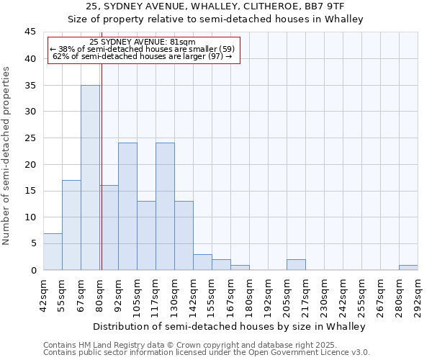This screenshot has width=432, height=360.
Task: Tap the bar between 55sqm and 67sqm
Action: [x=71, y=225]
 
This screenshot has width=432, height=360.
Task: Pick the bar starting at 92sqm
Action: [x=127, y=206]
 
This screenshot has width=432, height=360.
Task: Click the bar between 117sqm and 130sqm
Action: [x=165, y=206]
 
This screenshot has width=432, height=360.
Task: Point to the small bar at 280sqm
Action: [x=408, y=267]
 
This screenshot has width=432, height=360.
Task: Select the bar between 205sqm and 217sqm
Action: [x=296, y=264]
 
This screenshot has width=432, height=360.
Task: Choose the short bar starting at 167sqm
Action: [x=240, y=267]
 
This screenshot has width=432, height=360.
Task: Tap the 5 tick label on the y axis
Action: [x=33, y=243]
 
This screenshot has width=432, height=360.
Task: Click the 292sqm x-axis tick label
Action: [x=418, y=296]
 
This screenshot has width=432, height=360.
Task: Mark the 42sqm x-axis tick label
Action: [x=44, y=296]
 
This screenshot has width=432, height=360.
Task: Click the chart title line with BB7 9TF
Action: [x=215, y=7]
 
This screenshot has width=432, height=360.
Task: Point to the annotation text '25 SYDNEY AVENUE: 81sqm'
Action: [x=143, y=42]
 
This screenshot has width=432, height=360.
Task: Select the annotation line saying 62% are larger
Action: [x=143, y=56]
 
